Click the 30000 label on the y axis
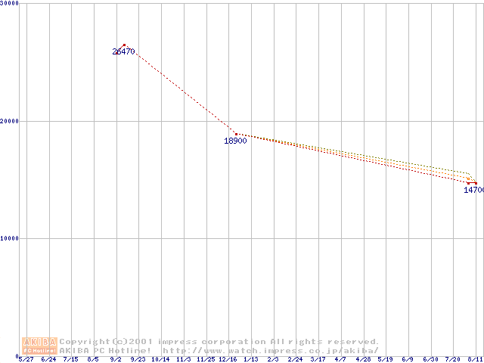tap(10, 3)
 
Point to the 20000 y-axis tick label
tap(10, 121)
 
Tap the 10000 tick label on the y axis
tap(10, 238)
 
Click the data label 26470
tap(123, 52)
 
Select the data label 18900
tap(235, 141)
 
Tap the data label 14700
tap(473, 191)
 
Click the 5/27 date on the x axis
tap(26, 360)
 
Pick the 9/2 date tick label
tap(116, 360)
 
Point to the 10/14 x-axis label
tap(161, 360)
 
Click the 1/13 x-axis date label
tap(251, 360)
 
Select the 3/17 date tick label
tap(318, 360)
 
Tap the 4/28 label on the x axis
tap(363, 360)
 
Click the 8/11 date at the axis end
tap(476, 360)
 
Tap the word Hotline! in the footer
tap(133, 351)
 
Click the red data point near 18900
tap(236, 134)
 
